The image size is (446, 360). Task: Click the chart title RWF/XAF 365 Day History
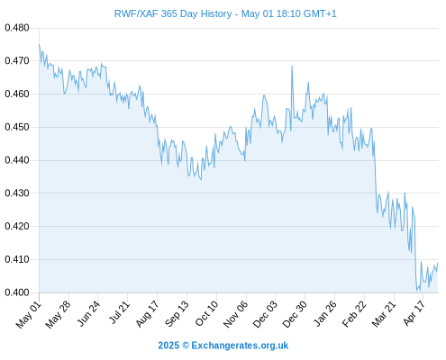coord(173,13)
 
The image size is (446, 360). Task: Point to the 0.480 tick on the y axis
coord(17,28)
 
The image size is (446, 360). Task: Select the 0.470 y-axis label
coord(17,61)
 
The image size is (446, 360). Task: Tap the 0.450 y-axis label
coord(17,127)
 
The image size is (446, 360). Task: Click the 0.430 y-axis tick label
coord(17,193)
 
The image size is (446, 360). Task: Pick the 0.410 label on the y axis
coord(17,259)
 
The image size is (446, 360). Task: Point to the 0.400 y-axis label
coord(17,292)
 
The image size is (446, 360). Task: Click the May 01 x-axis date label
coord(28,315)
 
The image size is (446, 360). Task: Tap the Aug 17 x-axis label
coord(148,314)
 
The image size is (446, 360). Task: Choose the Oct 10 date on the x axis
coord(207,314)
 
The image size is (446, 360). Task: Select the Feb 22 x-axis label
coord(354,314)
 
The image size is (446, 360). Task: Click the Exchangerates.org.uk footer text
coord(240,346)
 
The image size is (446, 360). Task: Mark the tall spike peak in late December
coord(292,67)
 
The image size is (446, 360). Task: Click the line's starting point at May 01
coord(39,44)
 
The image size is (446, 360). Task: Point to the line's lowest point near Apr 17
coord(417,291)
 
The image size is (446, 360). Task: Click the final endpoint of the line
coord(438,263)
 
